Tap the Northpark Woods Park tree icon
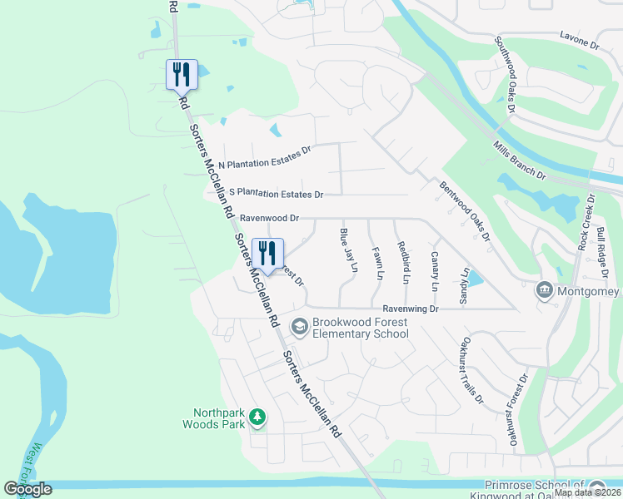(257, 417)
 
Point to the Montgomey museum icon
(543, 290)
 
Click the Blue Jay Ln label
(347, 250)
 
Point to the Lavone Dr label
(578, 40)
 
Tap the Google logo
(27, 489)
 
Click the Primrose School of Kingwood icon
(596, 487)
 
